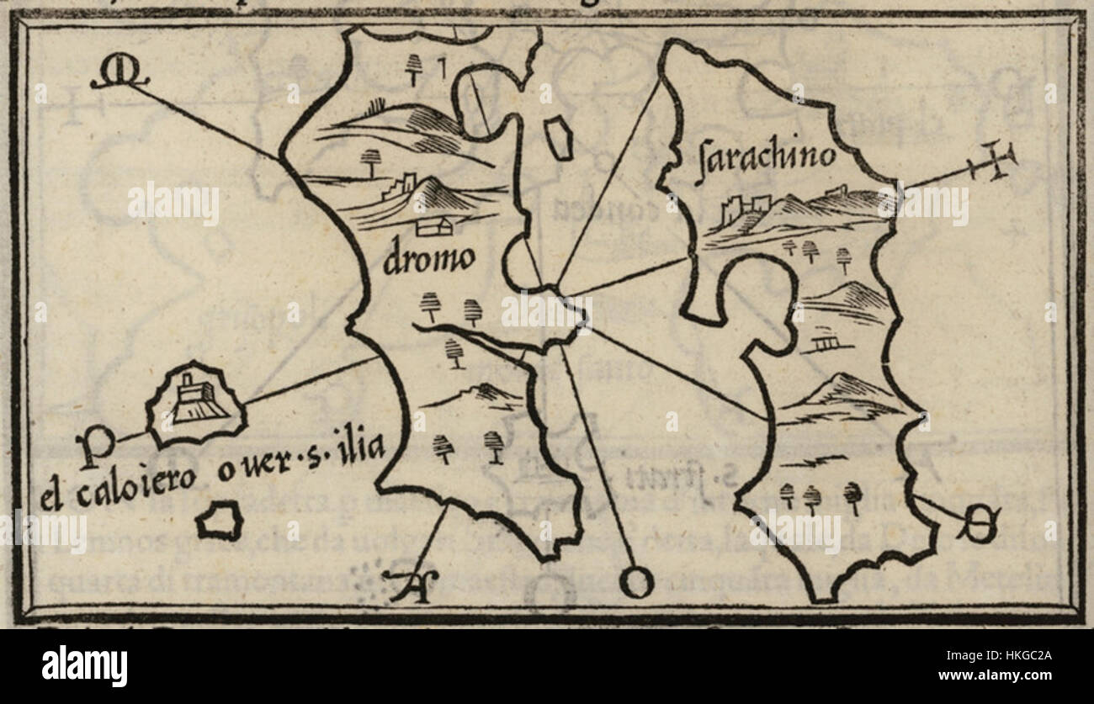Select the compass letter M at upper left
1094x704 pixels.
(119, 77)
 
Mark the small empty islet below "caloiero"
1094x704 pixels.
(219, 521)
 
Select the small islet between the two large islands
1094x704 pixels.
(558, 139)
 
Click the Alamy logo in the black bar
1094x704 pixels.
(84, 666)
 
